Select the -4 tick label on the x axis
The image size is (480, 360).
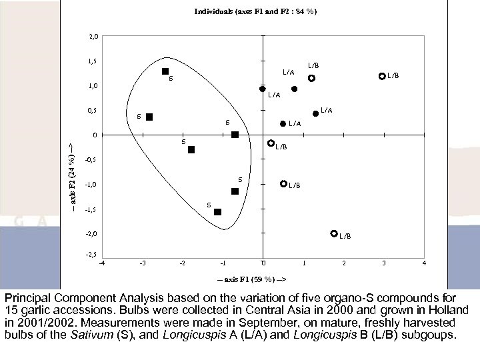click(101, 264)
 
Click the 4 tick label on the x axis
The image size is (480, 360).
click(425, 264)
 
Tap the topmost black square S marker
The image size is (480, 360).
click(165, 71)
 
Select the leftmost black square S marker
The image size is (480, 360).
click(149, 117)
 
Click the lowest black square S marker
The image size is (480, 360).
click(217, 212)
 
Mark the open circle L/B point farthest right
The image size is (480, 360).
click(382, 77)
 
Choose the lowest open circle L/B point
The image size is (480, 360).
click(334, 233)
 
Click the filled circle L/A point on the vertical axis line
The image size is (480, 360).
click(263, 89)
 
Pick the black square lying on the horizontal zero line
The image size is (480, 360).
click(235, 135)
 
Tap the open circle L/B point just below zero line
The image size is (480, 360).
click(271, 143)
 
